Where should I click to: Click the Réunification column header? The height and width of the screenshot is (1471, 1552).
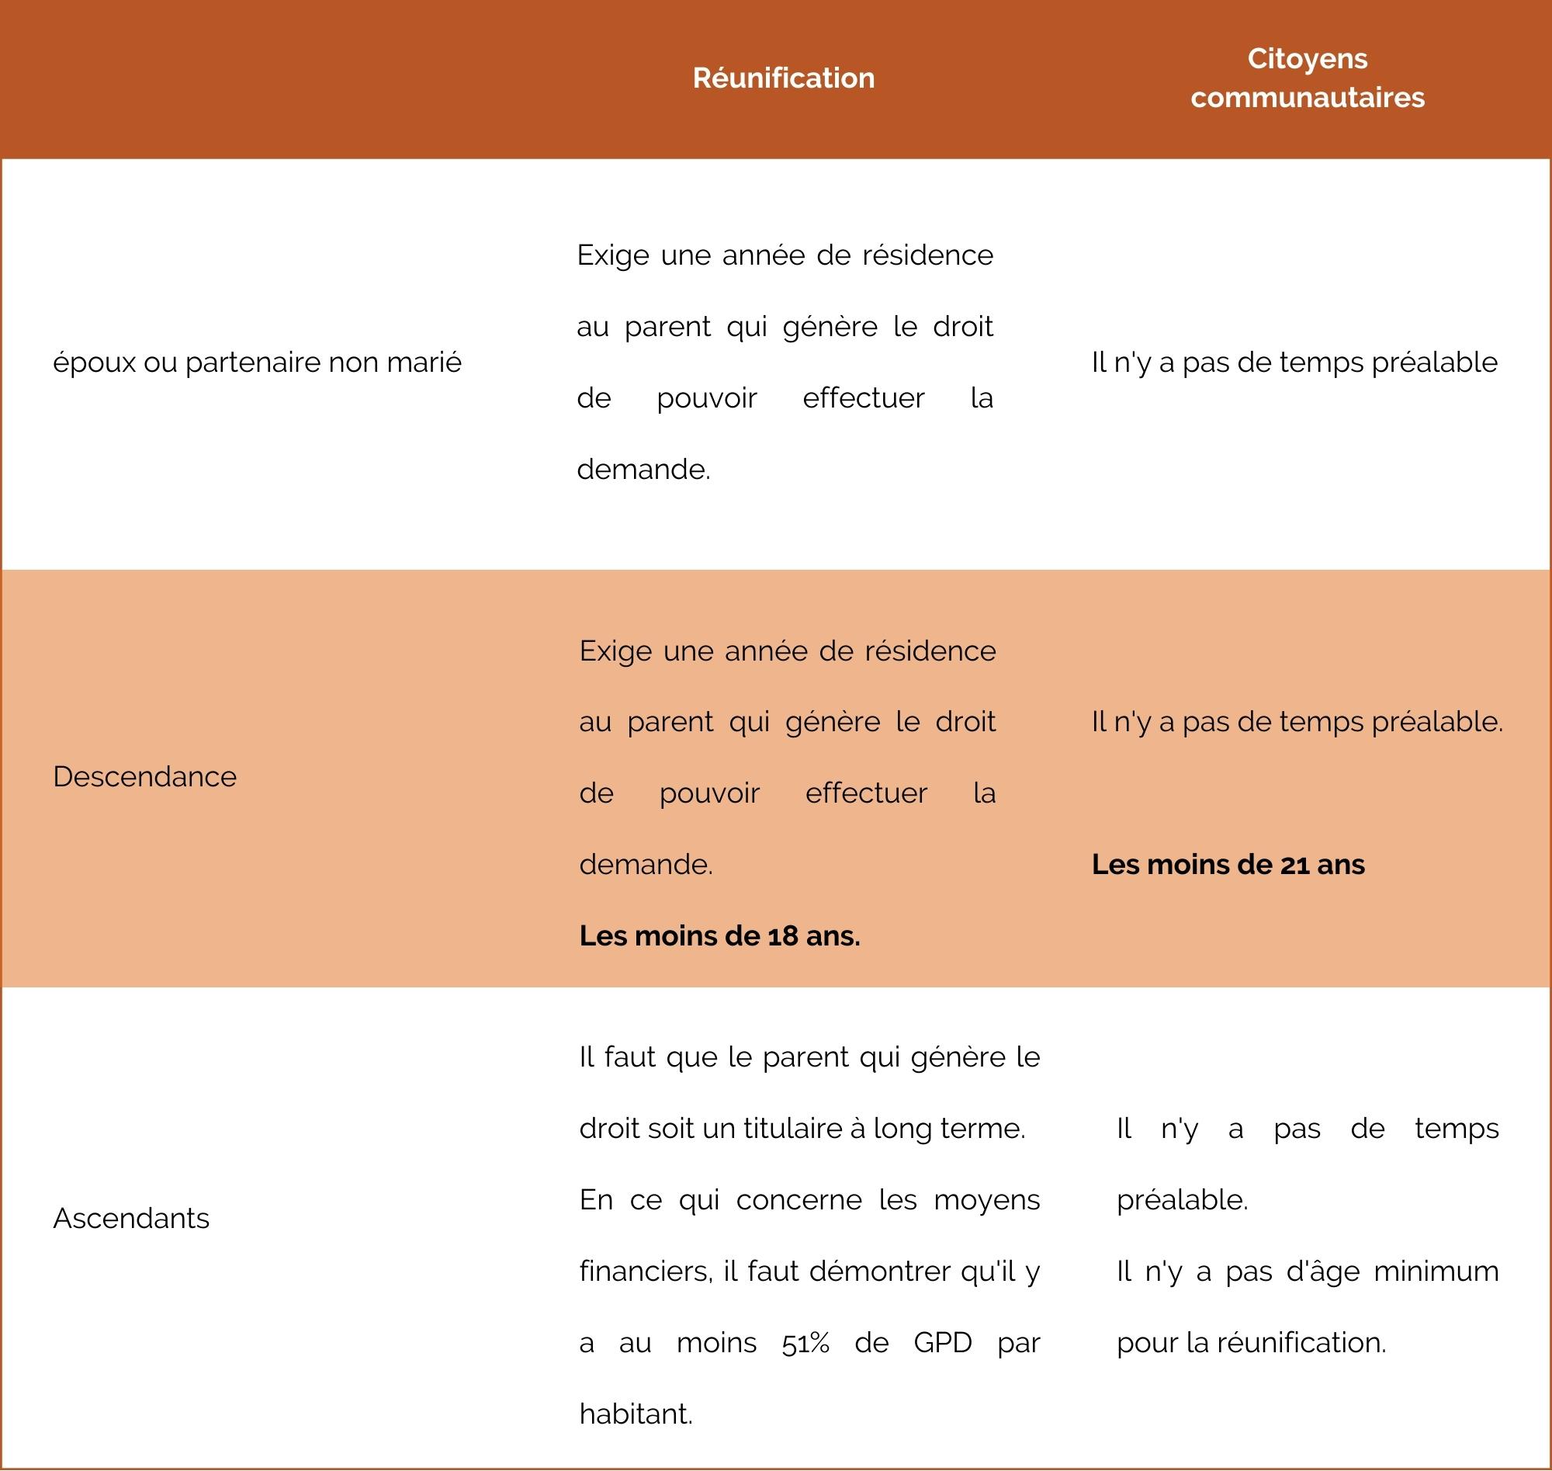(783, 78)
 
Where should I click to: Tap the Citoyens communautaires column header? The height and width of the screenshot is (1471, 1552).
(1307, 78)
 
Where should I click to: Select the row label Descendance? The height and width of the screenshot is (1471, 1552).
(144, 776)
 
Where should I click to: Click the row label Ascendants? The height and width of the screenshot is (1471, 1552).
(131, 1218)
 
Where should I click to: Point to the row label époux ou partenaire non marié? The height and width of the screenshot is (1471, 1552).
(257, 363)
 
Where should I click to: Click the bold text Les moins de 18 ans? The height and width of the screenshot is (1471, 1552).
(719, 935)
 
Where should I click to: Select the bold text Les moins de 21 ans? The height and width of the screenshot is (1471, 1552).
(1228, 864)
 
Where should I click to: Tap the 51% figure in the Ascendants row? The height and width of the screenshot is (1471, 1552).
(805, 1342)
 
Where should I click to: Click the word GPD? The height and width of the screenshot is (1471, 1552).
(942, 1342)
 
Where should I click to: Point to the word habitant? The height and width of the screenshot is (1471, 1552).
(635, 1414)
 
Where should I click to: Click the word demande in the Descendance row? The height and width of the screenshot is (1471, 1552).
(644, 864)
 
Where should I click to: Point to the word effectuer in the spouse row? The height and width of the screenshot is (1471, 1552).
(863, 398)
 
